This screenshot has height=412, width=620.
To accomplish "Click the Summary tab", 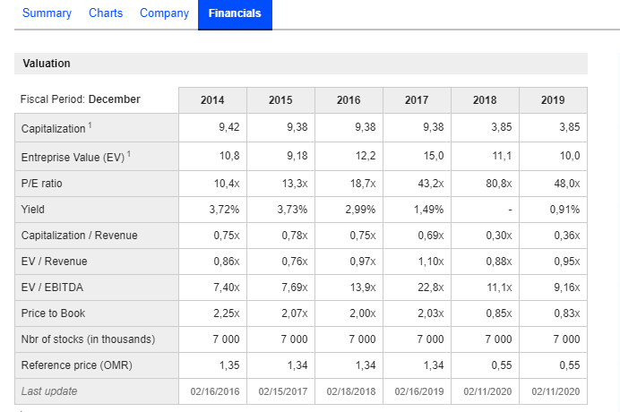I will click(x=47, y=13).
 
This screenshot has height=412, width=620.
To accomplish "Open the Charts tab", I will click(x=106, y=13).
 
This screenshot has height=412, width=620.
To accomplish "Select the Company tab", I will click(x=164, y=13).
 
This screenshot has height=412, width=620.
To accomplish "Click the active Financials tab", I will click(x=235, y=13).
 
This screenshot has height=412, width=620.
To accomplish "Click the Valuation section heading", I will click(x=47, y=64).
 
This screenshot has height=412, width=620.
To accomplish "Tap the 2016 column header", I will click(x=349, y=100).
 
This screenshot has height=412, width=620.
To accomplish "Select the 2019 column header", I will click(x=553, y=100).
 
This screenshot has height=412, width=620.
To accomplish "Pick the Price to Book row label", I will click(x=53, y=313).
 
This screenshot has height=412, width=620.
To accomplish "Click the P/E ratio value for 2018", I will click(x=498, y=184).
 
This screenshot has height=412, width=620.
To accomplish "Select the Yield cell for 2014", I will click(x=224, y=210).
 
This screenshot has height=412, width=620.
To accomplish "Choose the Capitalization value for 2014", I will click(x=228, y=127).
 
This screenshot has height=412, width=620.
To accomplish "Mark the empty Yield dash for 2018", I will click(x=509, y=210).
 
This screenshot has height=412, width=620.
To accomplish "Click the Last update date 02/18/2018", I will click(x=349, y=391).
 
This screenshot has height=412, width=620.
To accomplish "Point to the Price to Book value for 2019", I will click(x=566, y=313).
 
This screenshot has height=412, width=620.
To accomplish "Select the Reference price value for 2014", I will click(x=229, y=365).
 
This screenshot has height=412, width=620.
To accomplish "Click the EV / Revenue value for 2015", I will click(x=294, y=262).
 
